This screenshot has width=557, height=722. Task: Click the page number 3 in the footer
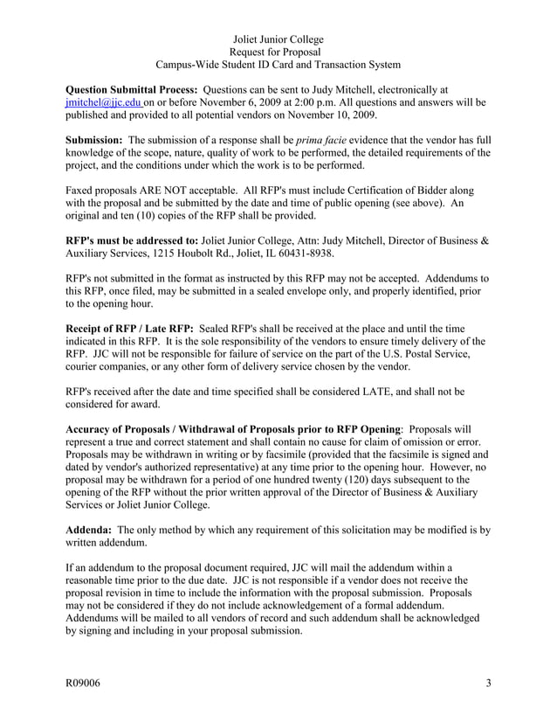pos(488,683)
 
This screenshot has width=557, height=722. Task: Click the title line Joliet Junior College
pos(278,39)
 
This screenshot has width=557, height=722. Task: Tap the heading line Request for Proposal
pos(278,52)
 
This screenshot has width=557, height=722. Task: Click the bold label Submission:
pos(94,140)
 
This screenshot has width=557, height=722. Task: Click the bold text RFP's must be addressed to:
pos(132,240)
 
